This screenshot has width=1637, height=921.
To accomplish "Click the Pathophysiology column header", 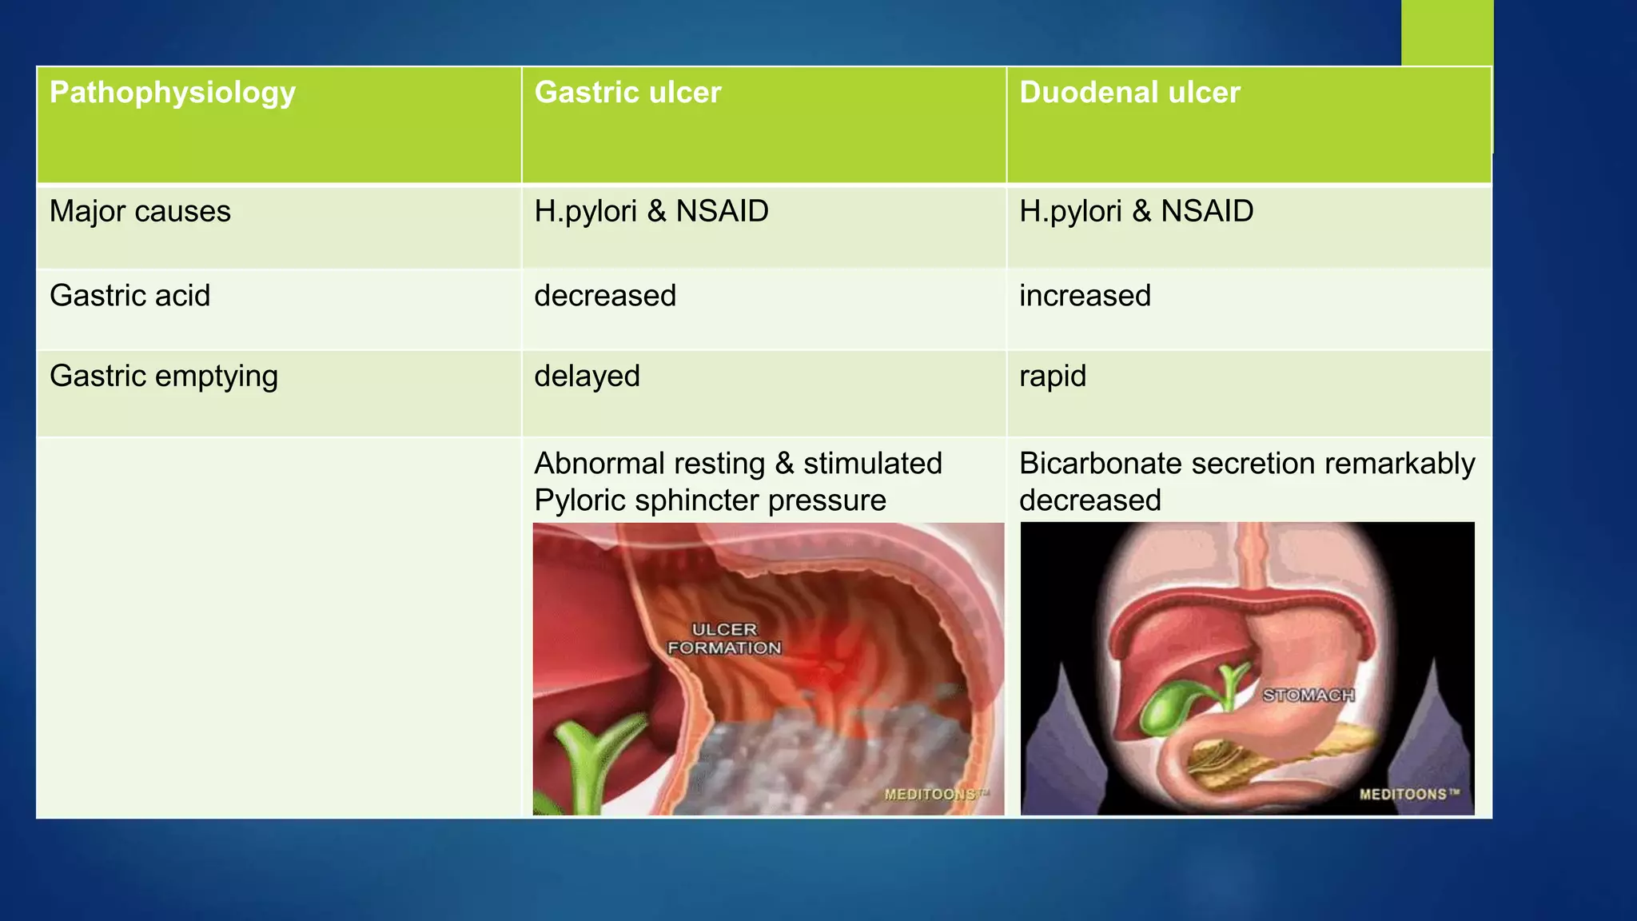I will pos(173,94).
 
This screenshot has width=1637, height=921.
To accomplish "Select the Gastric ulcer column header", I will pos(627,93).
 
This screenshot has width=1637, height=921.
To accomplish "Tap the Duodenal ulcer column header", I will pos(1129,93).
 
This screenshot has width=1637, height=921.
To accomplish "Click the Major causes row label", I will pos(140,212).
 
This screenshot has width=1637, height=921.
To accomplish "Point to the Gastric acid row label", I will pos(129,296).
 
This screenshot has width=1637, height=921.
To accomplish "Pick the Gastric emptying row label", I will pos(164,377).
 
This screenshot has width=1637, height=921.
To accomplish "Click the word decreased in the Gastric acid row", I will pos(605,296).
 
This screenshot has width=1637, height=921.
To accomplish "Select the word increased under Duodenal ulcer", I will pos(1085,296).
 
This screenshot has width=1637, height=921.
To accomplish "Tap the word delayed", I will pos(587,377).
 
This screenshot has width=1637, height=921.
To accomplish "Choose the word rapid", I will pos(1053,377).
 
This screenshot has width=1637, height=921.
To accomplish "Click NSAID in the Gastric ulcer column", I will pos(722,212).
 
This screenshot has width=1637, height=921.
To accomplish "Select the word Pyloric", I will pos(580,500).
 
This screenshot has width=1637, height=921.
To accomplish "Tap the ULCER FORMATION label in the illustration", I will pos(724,639).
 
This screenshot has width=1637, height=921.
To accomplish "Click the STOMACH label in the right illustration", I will pos(1308,696).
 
